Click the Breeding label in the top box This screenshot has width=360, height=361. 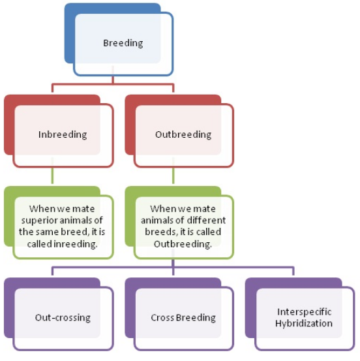pos(123,43)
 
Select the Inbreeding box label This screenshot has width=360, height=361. pos(63,134)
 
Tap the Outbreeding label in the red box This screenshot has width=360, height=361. pos(183,134)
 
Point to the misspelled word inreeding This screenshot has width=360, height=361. pos(75,244)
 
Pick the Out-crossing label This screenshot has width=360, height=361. pos(63,318)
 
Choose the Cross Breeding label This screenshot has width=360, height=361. pos(183,318)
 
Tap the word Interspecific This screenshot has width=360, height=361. pos(304,312)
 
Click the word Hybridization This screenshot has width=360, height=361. pos(304,324)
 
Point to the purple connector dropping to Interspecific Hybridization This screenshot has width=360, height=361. pos(293,271)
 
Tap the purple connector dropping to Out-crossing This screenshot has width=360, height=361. pos(52,271)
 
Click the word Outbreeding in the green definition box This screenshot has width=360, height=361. pos(183,244)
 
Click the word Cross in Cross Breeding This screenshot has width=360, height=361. pos(162,318)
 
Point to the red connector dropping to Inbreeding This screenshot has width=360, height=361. pos(52,87)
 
